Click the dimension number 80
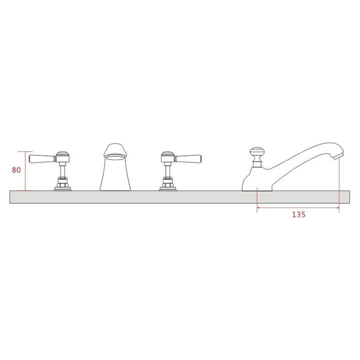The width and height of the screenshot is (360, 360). [17, 170]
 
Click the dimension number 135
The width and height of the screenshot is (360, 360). [298, 215]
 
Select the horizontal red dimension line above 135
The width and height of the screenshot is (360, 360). [297, 208]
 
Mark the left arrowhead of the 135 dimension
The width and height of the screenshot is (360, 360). [258, 208]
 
